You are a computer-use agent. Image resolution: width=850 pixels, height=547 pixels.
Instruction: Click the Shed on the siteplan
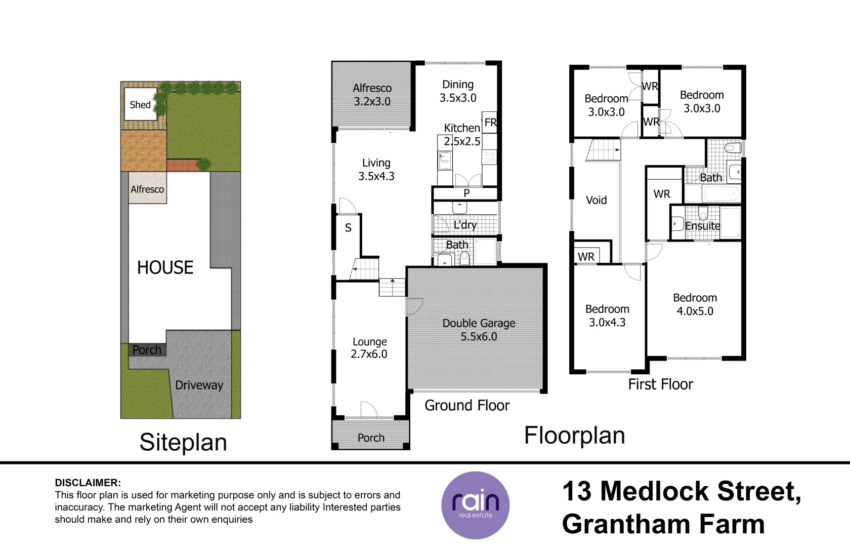[141, 104]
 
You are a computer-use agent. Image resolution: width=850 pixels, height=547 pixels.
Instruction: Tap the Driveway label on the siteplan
[199, 385]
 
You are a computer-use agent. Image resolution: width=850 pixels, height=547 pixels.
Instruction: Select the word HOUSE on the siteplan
[165, 267]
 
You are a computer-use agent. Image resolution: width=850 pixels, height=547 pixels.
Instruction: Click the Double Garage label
[479, 323]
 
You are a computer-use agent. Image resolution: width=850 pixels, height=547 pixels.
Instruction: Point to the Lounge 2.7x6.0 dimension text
[369, 354]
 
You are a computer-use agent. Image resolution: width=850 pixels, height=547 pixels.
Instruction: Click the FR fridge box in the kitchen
[490, 122]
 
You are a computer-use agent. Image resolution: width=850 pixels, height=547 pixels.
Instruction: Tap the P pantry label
[466, 193]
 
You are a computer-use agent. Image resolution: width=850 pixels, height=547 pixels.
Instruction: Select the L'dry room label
[465, 225]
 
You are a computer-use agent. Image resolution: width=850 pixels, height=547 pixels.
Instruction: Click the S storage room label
[348, 227]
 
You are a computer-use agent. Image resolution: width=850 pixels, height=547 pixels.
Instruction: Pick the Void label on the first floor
[596, 200]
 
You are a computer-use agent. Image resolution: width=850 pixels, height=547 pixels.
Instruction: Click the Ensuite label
[703, 226]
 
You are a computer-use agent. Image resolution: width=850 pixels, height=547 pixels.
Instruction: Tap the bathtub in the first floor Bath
[721, 193]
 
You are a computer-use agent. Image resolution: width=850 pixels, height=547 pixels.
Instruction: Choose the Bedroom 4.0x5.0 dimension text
[695, 311]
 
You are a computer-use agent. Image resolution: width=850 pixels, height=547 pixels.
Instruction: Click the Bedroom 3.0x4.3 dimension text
[607, 323]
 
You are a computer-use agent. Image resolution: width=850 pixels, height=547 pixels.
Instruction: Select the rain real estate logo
[475, 505]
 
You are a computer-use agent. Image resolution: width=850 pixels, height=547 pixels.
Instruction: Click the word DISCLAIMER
[88, 483]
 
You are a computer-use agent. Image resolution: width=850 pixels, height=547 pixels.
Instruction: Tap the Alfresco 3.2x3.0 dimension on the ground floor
[372, 101]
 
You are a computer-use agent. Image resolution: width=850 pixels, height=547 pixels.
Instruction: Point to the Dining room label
[458, 84]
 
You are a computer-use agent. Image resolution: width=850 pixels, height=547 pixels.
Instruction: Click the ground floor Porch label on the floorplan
[371, 438]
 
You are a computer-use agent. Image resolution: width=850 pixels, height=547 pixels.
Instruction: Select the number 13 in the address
[577, 491]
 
